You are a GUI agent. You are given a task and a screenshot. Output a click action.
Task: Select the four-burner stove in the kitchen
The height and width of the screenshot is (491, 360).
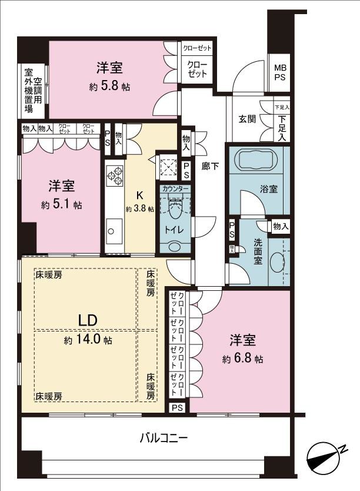pos(114,175)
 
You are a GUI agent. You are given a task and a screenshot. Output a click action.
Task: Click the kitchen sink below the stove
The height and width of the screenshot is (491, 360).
pos(114,228)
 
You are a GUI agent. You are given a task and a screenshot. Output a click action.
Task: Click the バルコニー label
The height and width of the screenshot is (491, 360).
pos(164,439)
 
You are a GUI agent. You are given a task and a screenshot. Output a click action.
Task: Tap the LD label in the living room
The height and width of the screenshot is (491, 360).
pos(88,320)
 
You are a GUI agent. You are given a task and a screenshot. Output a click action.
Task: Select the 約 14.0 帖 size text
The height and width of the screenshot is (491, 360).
pos(88,340)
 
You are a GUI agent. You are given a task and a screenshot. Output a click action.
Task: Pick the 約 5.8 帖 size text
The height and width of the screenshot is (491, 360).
pos(109,87)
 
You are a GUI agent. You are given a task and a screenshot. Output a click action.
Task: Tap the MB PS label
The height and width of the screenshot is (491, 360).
pos(279,72)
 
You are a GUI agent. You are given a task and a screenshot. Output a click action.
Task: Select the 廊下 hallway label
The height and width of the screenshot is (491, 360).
pos(210,167)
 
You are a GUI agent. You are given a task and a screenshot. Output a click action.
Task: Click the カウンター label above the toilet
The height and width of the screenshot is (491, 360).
pos(175,189)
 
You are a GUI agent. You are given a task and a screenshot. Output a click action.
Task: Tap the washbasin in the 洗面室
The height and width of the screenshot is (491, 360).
pos(276,261)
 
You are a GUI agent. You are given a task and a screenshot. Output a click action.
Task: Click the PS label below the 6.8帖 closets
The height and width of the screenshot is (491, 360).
pos(178,407)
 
